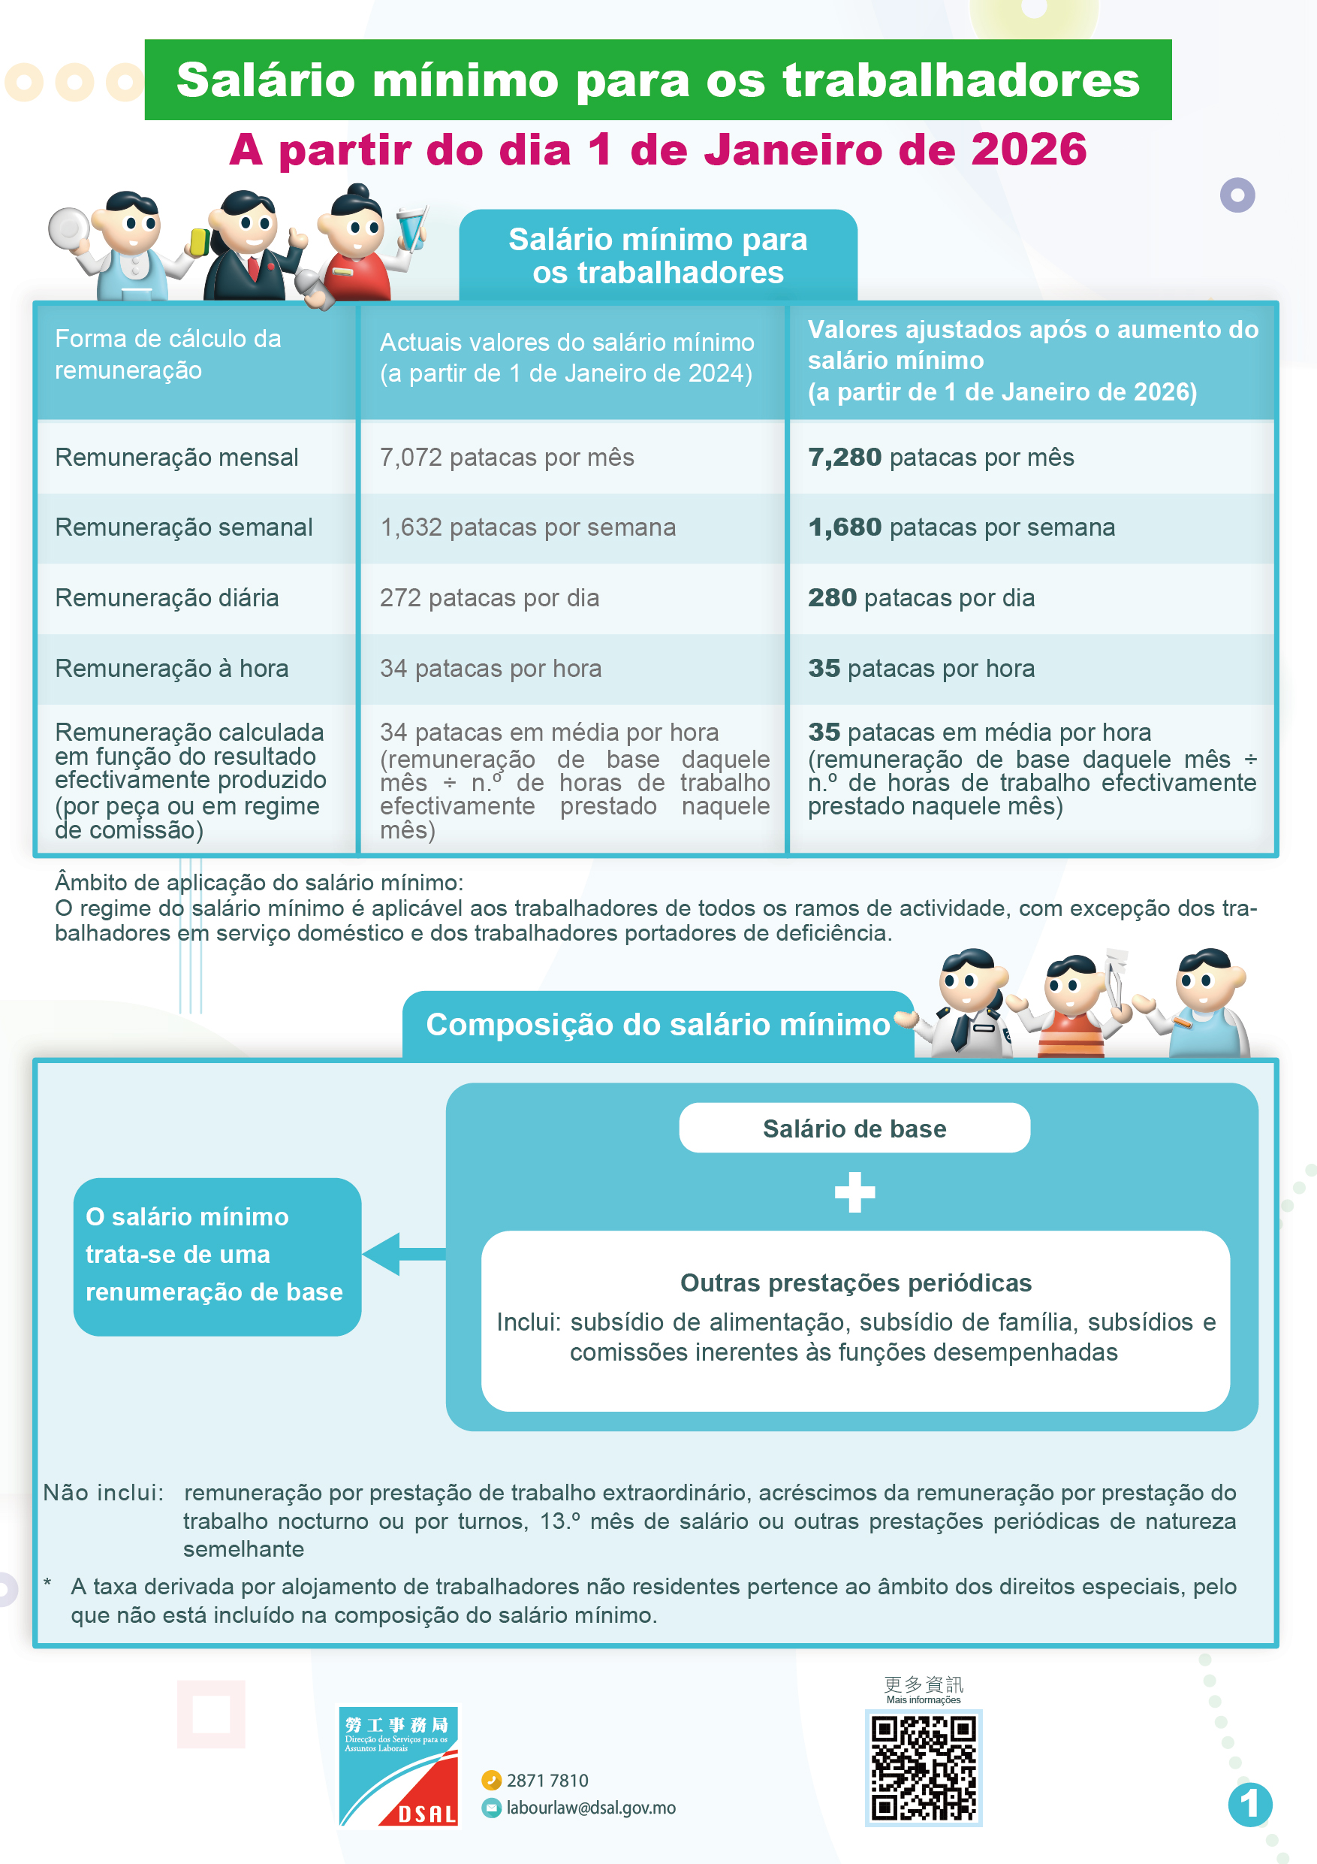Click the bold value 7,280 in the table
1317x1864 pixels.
pyautogui.click(x=844, y=458)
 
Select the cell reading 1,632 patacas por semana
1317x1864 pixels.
pyautogui.click(x=527, y=527)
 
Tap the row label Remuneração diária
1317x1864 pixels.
pyautogui.click(x=167, y=598)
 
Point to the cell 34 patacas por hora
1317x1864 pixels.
pyautogui.click(x=490, y=669)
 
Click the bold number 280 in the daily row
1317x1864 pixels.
pyautogui.click(x=832, y=598)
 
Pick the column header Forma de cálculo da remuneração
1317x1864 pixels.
pyautogui.click(x=168, y=354)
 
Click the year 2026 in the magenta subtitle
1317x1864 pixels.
pyautogui.click(x=1028, y=150)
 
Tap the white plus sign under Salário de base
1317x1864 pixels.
pyautogui.click(x=854, y=1192)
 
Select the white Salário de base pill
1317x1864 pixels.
pyautogui.click(x=854, y=1128)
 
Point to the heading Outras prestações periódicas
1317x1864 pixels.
pyautogui.click(x=855, y=1282)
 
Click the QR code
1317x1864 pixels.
pyautogui.click(x=924, y=1768)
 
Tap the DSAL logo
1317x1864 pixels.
pyautogui.click(x=399, y=1766)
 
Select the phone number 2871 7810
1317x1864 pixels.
pyautogui.click(x=547, y=1781)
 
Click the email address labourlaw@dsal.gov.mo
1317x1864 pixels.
pyautogui.click(x=591, y=1808)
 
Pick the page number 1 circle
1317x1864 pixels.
pyautogui.click(x=1249, y=1804)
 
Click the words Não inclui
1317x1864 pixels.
pyautogui.click(x=103, y=1492)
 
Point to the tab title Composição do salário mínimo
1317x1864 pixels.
pyautogui.click(x=657, y=1025)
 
